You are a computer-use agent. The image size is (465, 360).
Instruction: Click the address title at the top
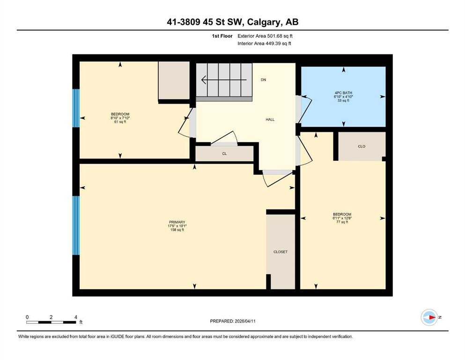[232, 22]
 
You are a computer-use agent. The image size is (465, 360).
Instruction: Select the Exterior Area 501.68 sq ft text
[266, 36]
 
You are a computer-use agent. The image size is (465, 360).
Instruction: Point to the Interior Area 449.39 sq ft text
[265, 44]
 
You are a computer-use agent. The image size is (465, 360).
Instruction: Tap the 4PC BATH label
[343, 93]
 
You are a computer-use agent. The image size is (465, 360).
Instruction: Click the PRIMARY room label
[177, 222]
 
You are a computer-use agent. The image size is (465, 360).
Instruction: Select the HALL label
[270, 120]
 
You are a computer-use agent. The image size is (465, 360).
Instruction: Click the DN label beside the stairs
[264, 80]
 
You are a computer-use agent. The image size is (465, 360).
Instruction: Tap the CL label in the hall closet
[224, 154]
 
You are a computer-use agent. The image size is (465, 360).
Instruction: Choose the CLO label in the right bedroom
[362, 146]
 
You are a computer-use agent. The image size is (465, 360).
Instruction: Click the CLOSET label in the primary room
[280, 252]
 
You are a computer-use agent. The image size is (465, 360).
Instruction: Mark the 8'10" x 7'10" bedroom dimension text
[120, 118]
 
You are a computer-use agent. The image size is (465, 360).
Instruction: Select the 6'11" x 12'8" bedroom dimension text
[342, 218]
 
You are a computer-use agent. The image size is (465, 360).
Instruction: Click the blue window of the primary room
[76, 225]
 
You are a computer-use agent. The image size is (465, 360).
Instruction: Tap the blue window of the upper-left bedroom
[76, 108]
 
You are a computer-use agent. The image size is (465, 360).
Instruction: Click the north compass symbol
[429, 317]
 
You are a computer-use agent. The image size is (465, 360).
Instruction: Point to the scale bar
[52, 322]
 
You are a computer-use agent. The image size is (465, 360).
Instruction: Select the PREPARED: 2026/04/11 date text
[233, 321]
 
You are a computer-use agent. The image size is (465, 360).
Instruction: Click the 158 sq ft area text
[177, 230]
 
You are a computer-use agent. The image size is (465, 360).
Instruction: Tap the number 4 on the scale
[76, 317]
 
